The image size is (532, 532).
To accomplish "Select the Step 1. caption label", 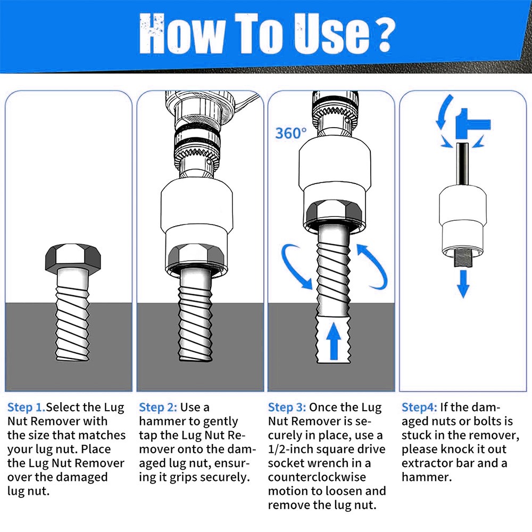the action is click(x=27, y=407).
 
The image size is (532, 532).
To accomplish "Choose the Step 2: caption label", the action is click(x=158, y=407).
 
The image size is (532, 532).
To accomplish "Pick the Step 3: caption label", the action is click(x=287, y=407).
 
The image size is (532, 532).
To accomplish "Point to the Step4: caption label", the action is click(x=419, y=407).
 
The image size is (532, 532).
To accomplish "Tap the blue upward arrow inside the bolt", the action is click(x=334, y=341).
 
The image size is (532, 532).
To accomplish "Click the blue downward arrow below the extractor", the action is click(x=463, y=284).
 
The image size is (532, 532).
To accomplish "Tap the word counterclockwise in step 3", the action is click(x=317, y=477).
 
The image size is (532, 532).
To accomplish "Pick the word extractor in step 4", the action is click(x=426, y=463).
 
